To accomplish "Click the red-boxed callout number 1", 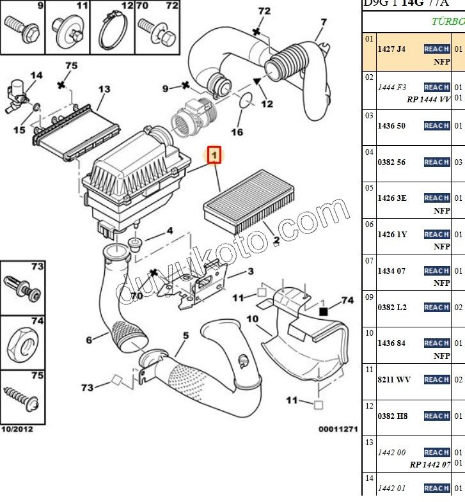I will pyautogui.click(x=214, y=155).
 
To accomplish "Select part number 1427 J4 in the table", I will pyautogui.click(x=391, y=49).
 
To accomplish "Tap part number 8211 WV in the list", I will pyautogui.click(x=393, y=380).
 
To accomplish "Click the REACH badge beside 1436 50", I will pyautogui.click(x=437, y=126).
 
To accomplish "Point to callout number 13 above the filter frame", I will pyautogui.click(x=104, y=89).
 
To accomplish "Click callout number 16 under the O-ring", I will pyautogui.click(x=237, y=132).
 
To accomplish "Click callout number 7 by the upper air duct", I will pyautogui.click(x=324, y=22).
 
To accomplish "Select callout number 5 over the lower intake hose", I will pyautogui.click(x=185, y=336).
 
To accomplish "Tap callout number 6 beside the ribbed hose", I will pyautogui.click(x=90, y=340).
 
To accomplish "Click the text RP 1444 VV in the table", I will pyautogui.click(x=428, y=99).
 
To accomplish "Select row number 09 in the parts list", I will pyautogui.click(x=369, y=297).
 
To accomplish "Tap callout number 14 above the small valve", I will pyautogui.click(x=36, y=75).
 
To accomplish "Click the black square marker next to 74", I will pyautogui.click(x=323, y=311).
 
